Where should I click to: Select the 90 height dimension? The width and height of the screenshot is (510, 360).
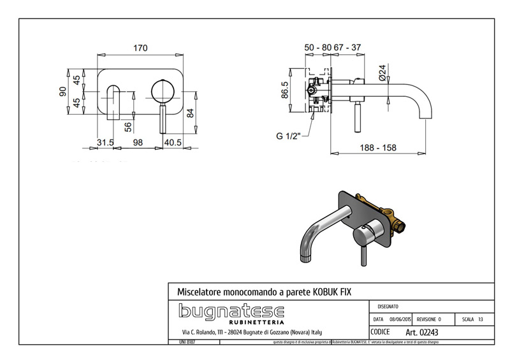pos(63,92)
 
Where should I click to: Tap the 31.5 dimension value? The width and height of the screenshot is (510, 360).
pos(105,142)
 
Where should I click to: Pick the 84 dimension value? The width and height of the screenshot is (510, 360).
pos(189,113)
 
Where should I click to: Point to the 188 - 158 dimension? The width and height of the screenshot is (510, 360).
pos(377,148)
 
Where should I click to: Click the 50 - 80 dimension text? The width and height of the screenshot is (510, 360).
pos(317,48)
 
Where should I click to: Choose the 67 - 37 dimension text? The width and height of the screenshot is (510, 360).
pos(347,48)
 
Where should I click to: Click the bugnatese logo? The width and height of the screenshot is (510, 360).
pos(231,312)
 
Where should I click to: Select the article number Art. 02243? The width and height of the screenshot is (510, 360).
pos(422,332)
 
